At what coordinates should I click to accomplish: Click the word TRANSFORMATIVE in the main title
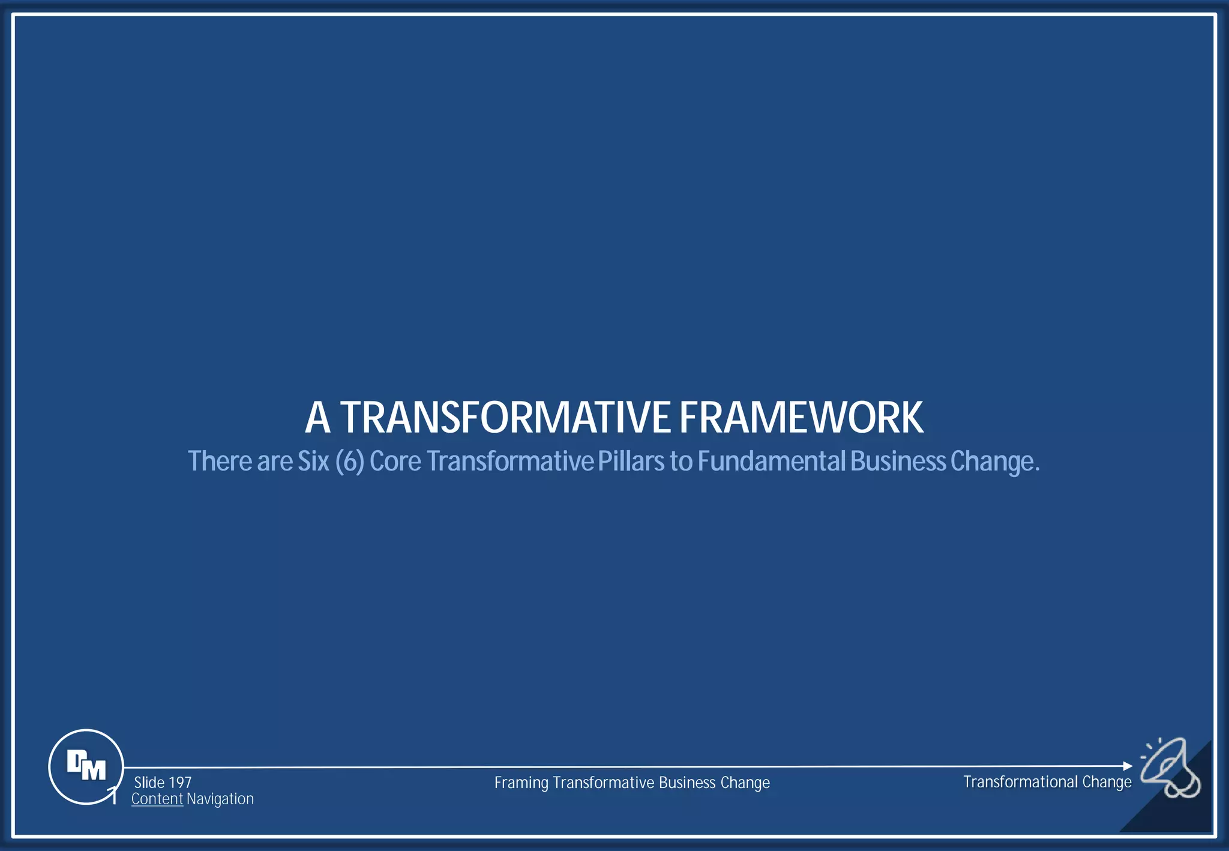click(x=505, y=418)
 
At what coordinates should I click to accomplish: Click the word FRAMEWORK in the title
click(x=801, y=418)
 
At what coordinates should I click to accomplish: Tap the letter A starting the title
click(x=317, y=418)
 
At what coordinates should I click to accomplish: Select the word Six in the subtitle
click(x=313, y=462)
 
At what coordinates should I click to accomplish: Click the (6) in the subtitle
click(x=350, y=462)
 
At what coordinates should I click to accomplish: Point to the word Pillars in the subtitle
click(x=631, y=462)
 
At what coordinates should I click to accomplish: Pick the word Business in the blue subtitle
click(x=898, y=462)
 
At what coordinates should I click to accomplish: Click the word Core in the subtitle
click(x=395, y=462)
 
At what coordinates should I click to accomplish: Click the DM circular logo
click(x=86, y=766)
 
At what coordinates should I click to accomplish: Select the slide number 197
click(x=179, y=783)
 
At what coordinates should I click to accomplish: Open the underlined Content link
click(x=157, y=799)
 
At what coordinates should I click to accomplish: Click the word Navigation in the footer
click(x=220, y=799)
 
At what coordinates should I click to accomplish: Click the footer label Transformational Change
click(x=1047, y=782)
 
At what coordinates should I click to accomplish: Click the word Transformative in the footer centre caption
click(x=603, y=783)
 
